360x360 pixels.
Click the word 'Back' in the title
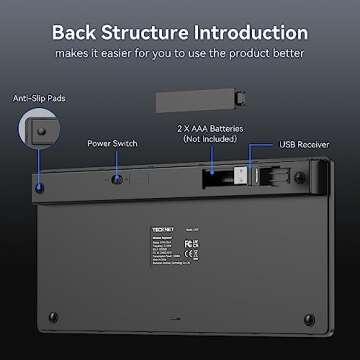pos(82,32)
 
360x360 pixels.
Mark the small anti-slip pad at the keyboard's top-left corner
pos(37,187)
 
